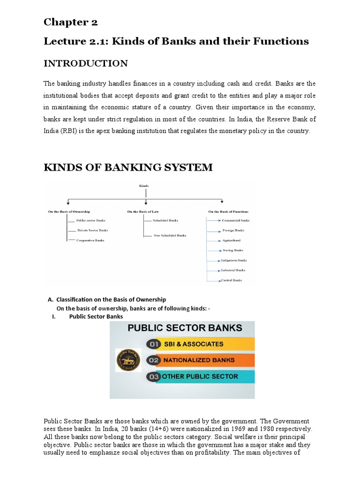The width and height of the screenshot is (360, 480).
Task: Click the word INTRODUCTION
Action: coord(85,63)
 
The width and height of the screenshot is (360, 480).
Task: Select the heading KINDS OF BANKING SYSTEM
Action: coord(128,167)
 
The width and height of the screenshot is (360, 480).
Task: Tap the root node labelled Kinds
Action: coord(143,186)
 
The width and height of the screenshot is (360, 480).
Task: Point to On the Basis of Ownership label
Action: coord(69,211)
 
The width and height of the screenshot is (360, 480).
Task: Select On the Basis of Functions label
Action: coord(228,211)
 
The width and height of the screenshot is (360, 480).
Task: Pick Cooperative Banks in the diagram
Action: coord(90,240)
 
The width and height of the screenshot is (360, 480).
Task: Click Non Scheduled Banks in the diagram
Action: coord(170,235)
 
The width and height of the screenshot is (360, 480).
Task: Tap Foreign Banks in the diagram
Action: coord(233,230)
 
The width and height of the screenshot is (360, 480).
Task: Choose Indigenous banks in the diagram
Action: coord(234,260)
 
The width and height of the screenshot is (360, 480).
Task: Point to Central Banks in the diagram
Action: coord(231,280)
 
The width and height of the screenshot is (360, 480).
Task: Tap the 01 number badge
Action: coord(153,344)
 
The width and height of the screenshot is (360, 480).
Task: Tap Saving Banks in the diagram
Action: coord(233,250)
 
